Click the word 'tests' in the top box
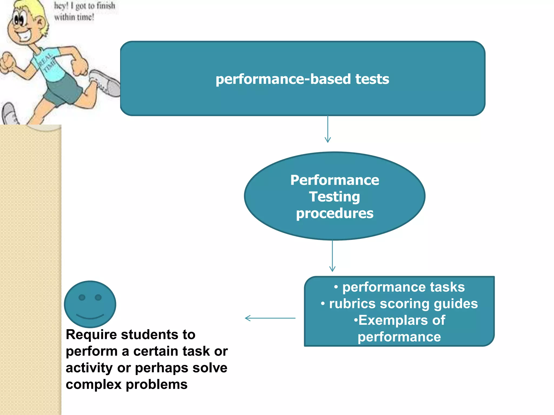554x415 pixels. click(372, 79)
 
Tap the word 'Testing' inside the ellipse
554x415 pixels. click(334, 197)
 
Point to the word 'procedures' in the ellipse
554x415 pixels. click(335, 213)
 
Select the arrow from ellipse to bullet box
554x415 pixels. click(332, 256)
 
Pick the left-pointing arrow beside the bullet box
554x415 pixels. click(270, 318)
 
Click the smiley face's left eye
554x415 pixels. click(82, 297)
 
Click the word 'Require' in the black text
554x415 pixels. click(91, 335)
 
